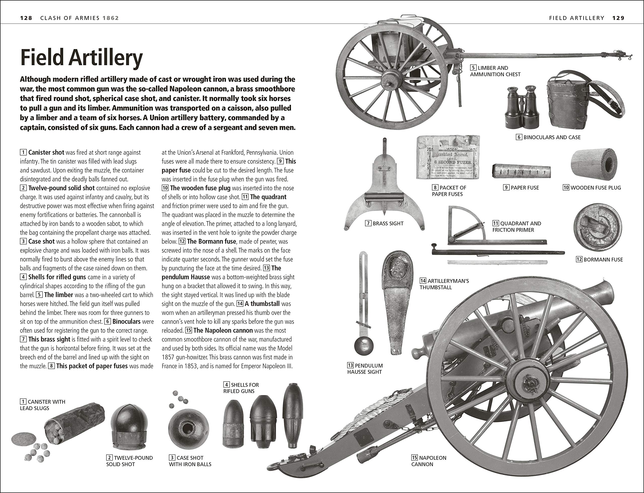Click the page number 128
coord(26,18)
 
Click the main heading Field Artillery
coord(81,58)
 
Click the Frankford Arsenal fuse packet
coord(448,158)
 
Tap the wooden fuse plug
coord(594,163)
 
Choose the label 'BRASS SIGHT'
coord(388,224)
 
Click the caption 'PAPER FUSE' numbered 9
coord(524,188)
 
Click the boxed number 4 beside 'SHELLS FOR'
coord(226,385)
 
